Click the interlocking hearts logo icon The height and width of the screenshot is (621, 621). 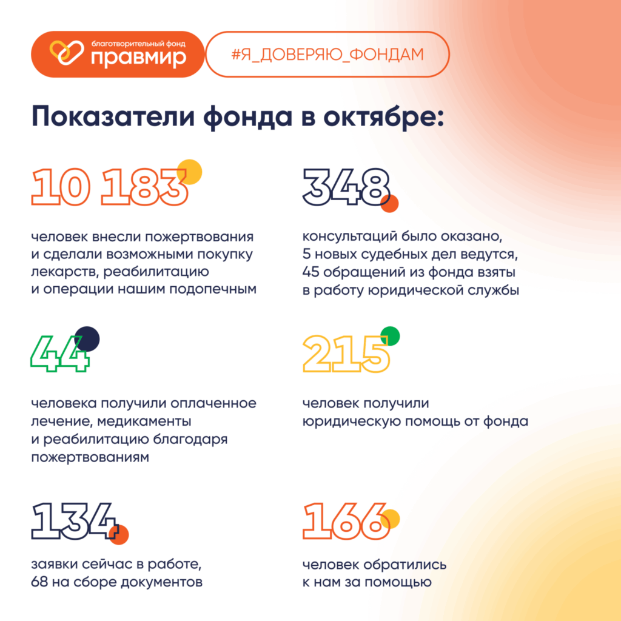(x=61, y=53)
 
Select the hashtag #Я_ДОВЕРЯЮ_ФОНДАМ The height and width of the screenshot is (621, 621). (x=327, y=53)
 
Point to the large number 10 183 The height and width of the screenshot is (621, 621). (x=109, y=187)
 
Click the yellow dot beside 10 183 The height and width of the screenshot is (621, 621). (x=189, y=172)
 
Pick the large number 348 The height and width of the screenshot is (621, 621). (x=346, y=187)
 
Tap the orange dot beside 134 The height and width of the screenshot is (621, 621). (x=119, y=534)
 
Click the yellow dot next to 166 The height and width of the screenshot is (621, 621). (x=390, y=519)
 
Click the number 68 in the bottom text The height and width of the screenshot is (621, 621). (x=39, y=583)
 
